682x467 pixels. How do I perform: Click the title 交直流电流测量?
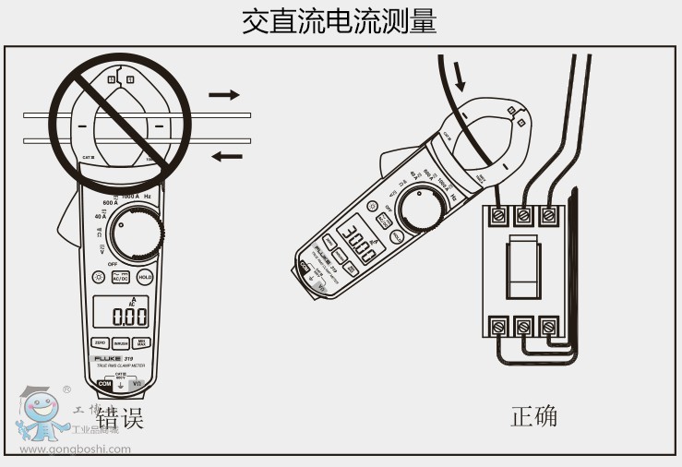[340, 21]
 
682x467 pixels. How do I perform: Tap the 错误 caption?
[120, 417]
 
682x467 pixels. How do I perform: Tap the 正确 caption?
[534, 416]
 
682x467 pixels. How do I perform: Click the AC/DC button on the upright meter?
[121, 276]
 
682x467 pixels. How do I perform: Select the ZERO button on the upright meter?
[101, 342]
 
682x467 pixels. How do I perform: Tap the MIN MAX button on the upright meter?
[143, 342]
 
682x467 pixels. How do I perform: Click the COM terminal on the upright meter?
[104, 383]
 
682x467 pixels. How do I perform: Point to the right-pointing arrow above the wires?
[223, 94]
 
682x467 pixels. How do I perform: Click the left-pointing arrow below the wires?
[226, 156]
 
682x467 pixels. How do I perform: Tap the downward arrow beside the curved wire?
[459, 75]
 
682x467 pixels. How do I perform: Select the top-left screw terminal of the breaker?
[499, 215]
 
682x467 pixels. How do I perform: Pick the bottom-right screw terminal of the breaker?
[550, 326]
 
